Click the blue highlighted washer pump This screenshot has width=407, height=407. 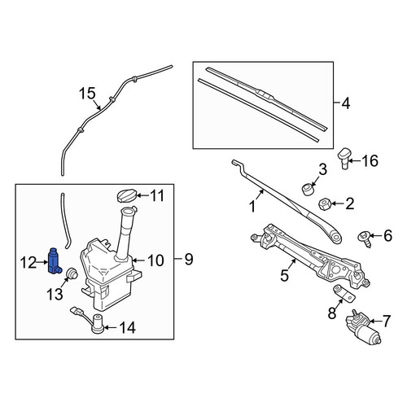point(55,260)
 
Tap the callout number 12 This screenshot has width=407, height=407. point(28,263)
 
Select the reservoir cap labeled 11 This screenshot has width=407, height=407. point(126,196)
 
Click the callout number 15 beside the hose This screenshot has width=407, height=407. point(87,94)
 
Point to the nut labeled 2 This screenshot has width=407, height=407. point(323,203)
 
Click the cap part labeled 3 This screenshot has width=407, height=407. point(308,189)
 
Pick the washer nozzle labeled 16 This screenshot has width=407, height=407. point(344,157)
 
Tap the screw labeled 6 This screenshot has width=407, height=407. point(365,239)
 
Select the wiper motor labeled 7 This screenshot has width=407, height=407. point(364,327)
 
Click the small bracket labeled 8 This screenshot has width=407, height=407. point(344,292)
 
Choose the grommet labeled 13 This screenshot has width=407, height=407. point(72,274)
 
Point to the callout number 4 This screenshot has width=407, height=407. point(345,103)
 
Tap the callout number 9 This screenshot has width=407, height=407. point(189,259)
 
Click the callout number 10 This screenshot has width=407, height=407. point(155,260)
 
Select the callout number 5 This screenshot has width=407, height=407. point(284,276)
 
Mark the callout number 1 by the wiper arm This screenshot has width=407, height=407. point(252,207)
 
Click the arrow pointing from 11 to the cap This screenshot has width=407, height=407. point(142,195)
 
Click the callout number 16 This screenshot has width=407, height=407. point(370,161)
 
